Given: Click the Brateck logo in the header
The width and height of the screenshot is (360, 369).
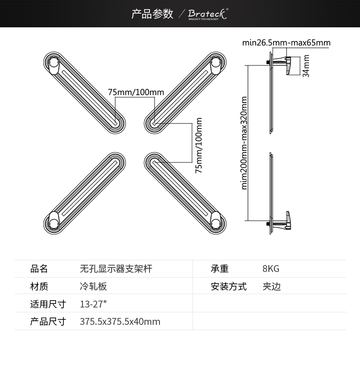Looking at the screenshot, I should (x=208, y=14).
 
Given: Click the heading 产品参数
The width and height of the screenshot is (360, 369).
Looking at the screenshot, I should (x=152, y=14).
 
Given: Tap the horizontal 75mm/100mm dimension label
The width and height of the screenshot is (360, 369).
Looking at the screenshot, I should (x=136, y=92).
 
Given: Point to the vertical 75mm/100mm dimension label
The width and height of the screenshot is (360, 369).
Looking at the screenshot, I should (x=199, y=145).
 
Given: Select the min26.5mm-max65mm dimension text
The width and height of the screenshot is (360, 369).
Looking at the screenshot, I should (x=286, y=43).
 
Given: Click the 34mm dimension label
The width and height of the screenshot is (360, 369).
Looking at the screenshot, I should (x=306, y=66).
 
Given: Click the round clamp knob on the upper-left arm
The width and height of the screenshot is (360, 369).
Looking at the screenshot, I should (x=53, y=65).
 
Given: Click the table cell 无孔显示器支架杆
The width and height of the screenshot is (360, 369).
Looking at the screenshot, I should (x=116, y=269).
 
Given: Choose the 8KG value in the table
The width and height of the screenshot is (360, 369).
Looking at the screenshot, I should (x=271, y=269).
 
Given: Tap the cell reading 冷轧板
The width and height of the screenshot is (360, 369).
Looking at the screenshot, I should (x=93, y=287).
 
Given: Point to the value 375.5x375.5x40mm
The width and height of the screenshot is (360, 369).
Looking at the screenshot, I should (x=120, y=322).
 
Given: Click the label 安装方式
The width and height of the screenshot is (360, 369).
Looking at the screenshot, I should (x=229, y=287).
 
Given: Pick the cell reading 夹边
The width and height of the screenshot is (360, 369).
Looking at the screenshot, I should (x=272, y=287).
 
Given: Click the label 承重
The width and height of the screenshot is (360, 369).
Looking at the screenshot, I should (x=220, y=269).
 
